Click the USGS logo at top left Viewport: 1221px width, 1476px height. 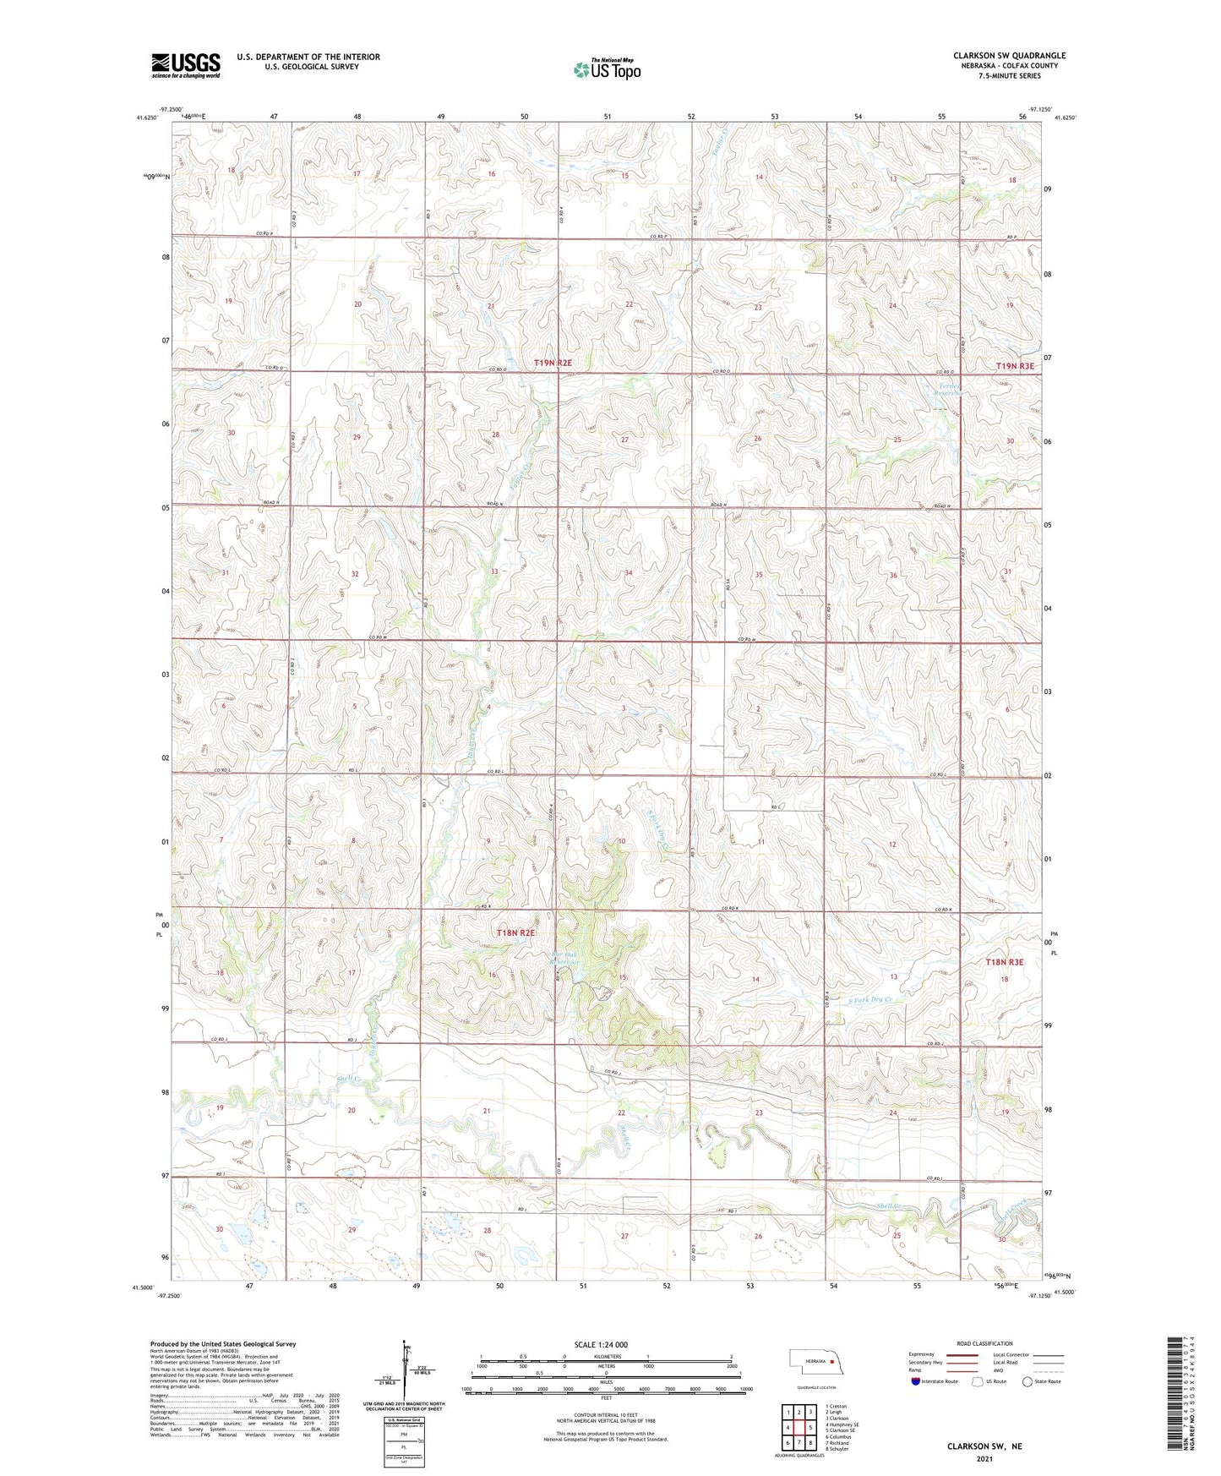coord(186,64)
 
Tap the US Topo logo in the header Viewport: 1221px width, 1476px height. coord(607,69)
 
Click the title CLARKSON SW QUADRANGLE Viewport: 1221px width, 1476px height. coord(1009,56)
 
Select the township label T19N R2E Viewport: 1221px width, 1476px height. coord(553,363)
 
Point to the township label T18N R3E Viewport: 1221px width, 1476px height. coord(1004,962)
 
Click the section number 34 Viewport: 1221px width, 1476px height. coord(628,573)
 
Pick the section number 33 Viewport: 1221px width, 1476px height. coord(494,572)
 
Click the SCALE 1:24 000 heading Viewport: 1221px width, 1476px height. coord(600,1345)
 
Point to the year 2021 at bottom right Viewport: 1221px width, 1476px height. coord(984,1458)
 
